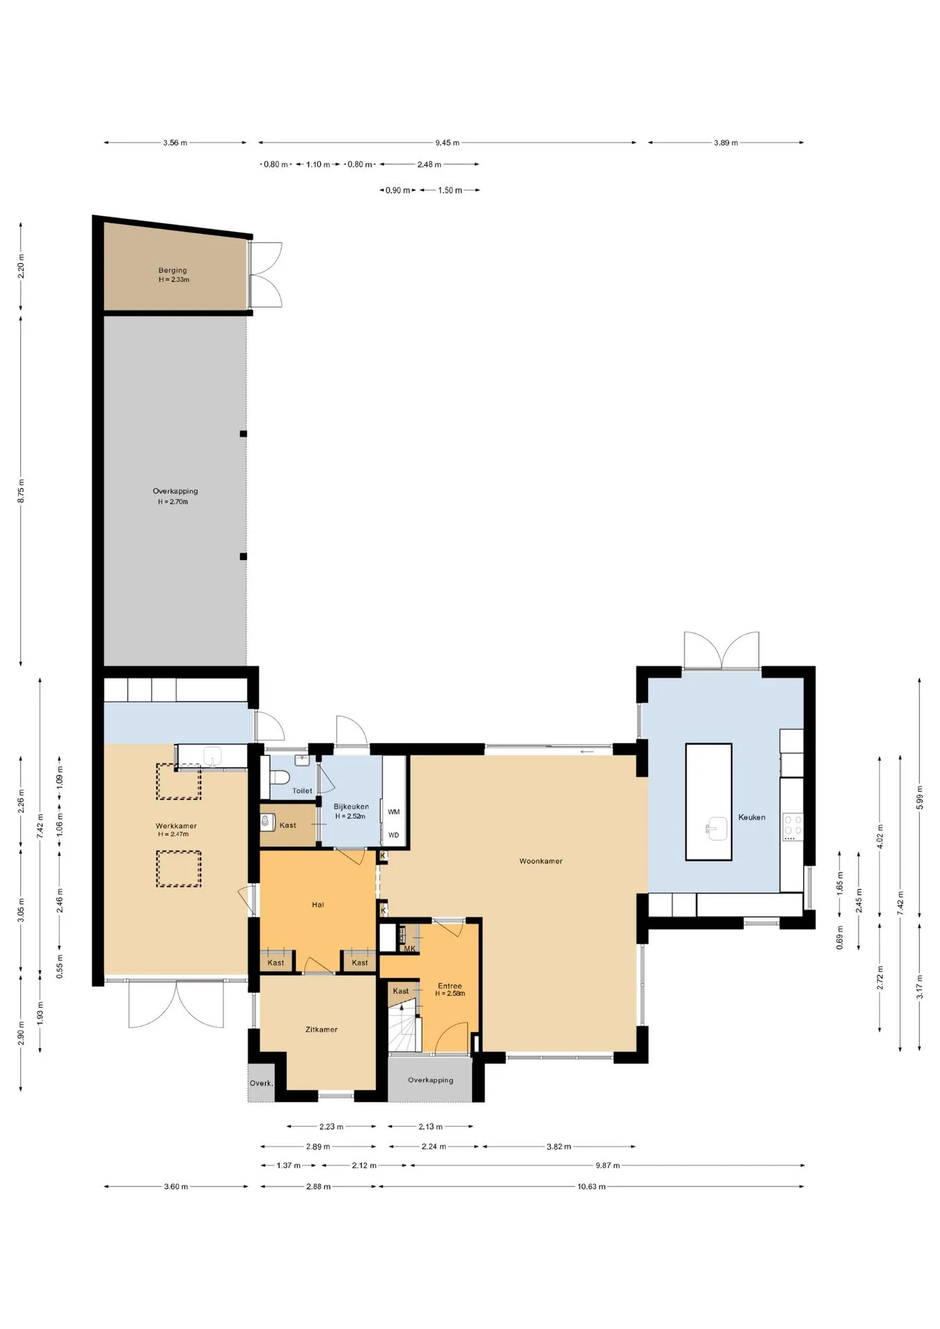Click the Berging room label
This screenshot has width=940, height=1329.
[x=172, y=271]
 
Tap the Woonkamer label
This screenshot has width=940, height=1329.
[x=541, y=861]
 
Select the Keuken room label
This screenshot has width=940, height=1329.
[x=752, y=817]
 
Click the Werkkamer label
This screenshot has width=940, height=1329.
[x=176, y=826]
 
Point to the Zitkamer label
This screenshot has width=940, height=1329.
[x=321, y=1029]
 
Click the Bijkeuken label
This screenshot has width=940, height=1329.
[x=351, y=806]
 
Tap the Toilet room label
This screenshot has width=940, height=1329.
[x=302, y=790]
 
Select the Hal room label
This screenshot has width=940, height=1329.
[x=318, y=904]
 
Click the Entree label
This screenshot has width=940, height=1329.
[x=450, y=986]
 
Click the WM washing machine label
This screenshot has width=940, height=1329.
[x=394, y=812]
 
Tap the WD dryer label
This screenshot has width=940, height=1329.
[x=394, y=835]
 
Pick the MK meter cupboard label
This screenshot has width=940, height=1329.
[x=410, y=948]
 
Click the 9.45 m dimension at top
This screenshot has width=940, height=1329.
[x=447, y=143]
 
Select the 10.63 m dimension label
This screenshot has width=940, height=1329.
[x=592, y=1186]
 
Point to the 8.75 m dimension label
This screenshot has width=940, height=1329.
[x=21, y=490]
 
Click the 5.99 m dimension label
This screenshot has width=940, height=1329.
[x=919, y=797]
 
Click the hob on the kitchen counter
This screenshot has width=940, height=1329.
[x=793, y=826]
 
